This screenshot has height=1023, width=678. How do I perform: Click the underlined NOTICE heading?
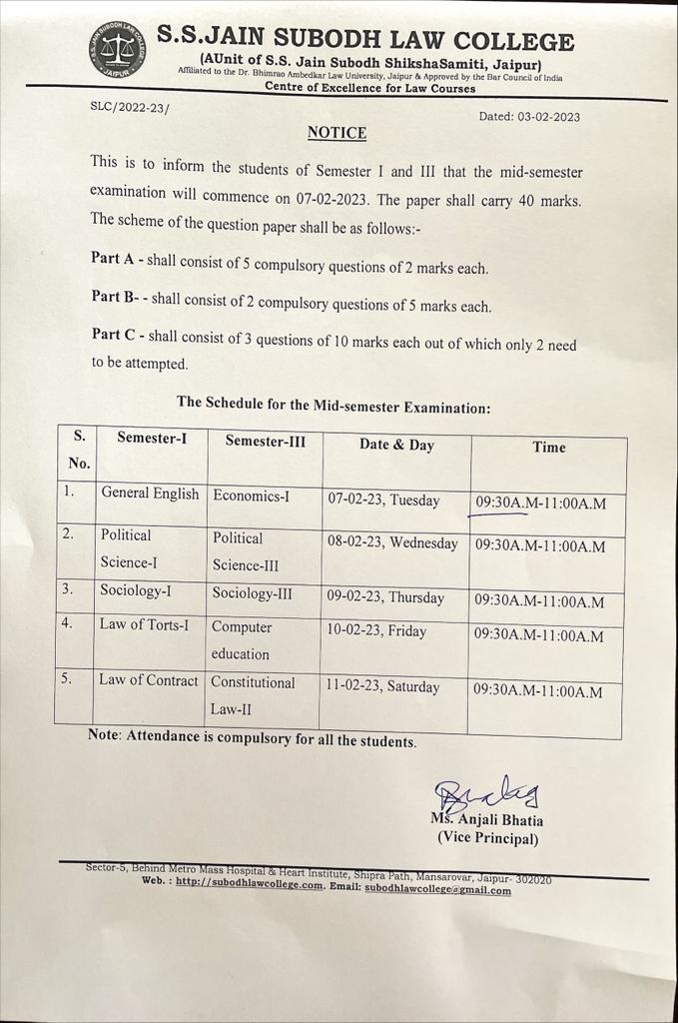[x=337, y=133]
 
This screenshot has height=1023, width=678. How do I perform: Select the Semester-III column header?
[x=265, y=440]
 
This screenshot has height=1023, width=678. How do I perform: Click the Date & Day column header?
[x=396, y=445]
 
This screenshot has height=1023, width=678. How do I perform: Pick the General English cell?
[x=150, y=494]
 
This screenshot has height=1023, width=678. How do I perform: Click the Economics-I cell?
[x=251, y=495]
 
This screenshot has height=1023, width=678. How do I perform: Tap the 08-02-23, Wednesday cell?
[x=392, y=543]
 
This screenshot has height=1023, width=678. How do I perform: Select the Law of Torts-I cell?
[x=144, y=625]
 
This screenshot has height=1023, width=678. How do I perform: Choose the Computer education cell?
[x=241, y=640]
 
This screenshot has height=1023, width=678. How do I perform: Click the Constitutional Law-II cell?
[x=253, y=695]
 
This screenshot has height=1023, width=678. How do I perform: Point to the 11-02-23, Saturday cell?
[x=382, y=687]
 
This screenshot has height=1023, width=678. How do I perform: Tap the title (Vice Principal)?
[x=487, y=838]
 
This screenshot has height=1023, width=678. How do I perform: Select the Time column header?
[x=548, y=448]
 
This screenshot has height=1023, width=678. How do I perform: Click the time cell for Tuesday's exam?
[x=539, y=504]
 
